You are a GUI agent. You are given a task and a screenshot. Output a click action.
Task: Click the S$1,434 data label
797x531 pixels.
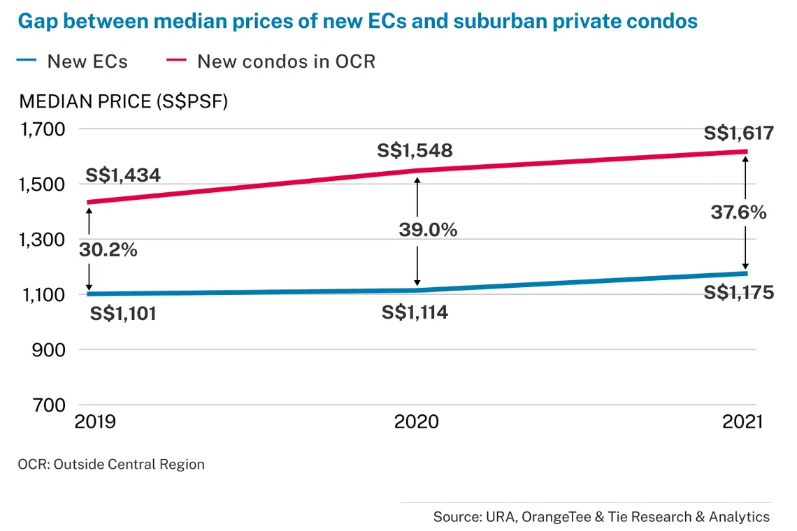123,175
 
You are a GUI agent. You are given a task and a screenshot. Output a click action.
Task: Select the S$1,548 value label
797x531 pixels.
415,150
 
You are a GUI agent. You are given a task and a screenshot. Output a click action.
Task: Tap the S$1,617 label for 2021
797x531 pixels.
738,133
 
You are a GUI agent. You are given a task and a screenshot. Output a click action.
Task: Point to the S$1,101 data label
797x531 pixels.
123,314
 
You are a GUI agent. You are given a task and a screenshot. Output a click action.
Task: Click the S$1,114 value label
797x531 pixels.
415,312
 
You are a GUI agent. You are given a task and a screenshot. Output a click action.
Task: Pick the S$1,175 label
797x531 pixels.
738,293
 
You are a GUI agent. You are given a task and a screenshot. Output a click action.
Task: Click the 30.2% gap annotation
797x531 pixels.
108,250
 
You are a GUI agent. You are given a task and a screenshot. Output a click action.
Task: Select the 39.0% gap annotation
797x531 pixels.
428,230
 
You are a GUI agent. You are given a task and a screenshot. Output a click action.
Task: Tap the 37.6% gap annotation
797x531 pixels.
738,212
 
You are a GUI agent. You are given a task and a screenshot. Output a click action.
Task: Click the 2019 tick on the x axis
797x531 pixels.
95,422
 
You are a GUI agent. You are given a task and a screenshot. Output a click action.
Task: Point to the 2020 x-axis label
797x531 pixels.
416,422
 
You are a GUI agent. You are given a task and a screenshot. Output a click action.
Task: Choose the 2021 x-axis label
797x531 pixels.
742,422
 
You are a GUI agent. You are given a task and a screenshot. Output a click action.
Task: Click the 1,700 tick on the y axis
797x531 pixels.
43,129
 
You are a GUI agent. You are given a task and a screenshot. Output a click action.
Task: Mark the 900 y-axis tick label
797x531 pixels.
49,350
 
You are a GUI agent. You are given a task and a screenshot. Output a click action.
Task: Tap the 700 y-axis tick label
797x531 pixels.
50,405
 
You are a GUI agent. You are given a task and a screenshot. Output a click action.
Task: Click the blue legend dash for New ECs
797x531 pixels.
27,60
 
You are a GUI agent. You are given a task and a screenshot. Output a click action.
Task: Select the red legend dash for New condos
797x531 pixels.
176,60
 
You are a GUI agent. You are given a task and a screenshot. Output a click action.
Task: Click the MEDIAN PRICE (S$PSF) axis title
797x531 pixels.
124,101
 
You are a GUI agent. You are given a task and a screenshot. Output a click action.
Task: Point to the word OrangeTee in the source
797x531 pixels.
556,517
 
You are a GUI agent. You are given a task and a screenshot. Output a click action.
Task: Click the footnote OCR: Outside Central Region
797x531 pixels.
111,465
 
